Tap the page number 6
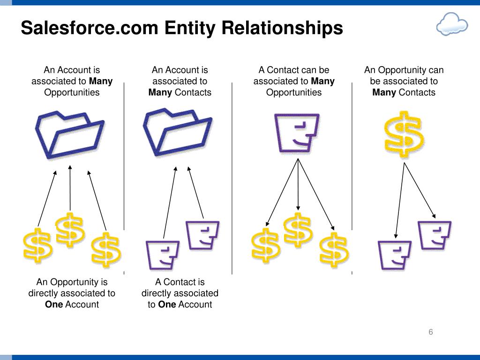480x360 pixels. click(x=430, y=332)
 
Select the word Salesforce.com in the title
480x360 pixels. click(x=90, y=28)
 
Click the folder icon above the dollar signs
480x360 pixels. click(x=70, y=133)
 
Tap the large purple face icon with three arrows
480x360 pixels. click(x=297, y=133)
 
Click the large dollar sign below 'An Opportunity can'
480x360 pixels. click(x=404, y=134)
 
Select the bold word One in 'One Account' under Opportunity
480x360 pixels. click(x=54, y=304)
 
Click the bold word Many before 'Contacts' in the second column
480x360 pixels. click(x=160, y=92)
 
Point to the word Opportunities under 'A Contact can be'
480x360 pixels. click(x=294, y=92)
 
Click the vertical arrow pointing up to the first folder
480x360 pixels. click(x=70, y=187)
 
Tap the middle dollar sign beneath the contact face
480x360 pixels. click(x=298, y=230)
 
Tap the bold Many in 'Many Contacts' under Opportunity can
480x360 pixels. click(x=384, y=92)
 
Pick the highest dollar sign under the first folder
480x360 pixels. click(x=70, y=229)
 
